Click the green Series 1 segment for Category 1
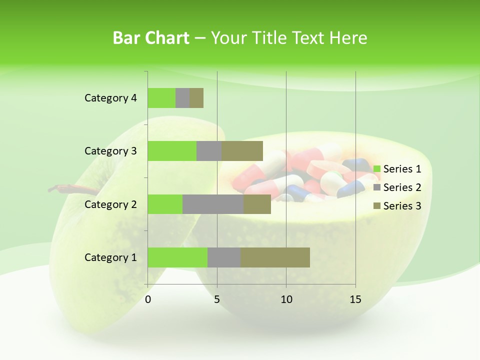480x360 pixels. coord(177,257)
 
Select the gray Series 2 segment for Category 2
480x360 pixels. coord(213,204)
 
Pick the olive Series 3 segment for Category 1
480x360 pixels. coord(275,257)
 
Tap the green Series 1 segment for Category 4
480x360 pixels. coord(161,98)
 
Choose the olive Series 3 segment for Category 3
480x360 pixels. coord(242,151)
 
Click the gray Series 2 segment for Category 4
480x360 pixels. coord(182,98)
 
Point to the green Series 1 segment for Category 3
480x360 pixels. coord(172,151)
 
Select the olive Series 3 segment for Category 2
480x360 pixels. coord(257,204)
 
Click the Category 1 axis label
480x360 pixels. coord(110,257)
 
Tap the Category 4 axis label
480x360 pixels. coord(110,98)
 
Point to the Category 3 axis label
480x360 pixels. coord(110,151)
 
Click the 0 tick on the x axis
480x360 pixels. coord(148,299)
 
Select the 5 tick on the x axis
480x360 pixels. coord(217,299)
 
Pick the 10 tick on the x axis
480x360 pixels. coord(286,299)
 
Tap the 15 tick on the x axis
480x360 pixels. coord(355,299)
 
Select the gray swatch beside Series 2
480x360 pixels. coord(376,187)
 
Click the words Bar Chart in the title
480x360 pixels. coord(150,38)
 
